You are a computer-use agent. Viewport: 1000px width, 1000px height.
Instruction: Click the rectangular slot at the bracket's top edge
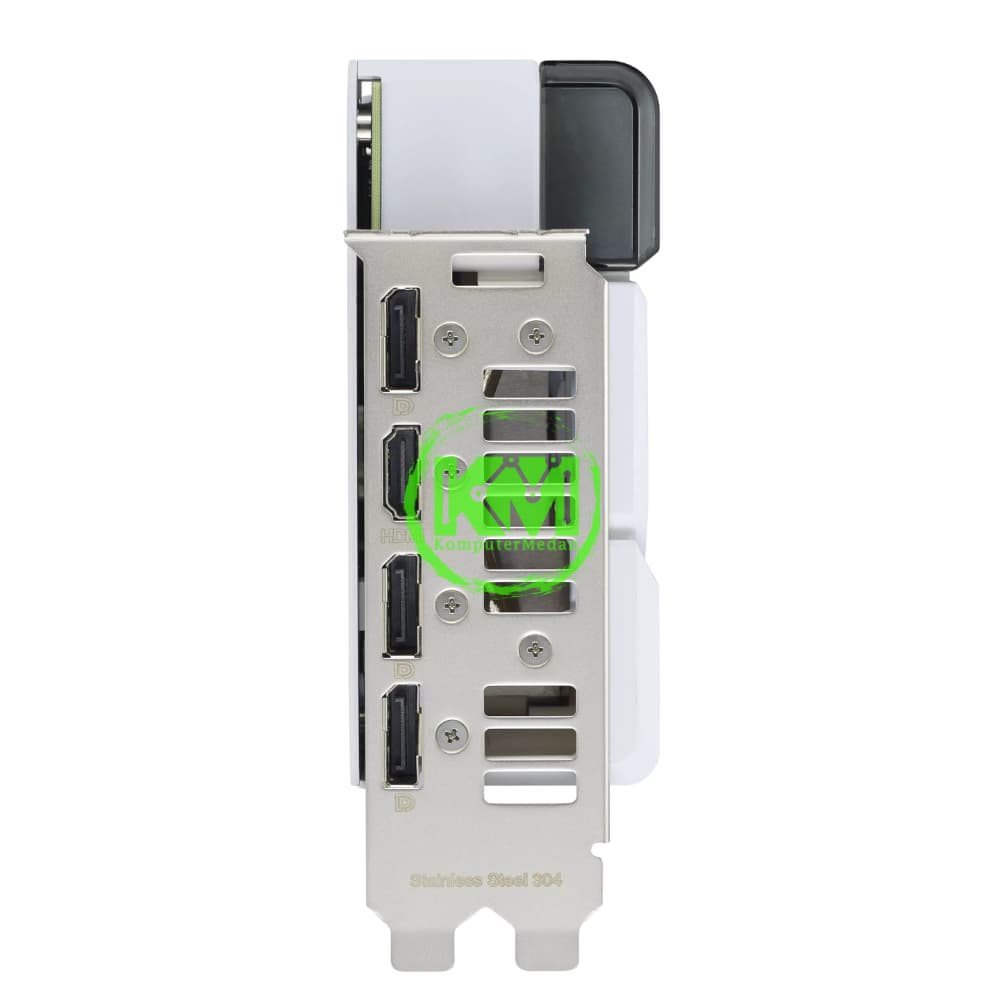tap(497, 269)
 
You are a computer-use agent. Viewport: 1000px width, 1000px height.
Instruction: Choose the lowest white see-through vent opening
tap(529, 789)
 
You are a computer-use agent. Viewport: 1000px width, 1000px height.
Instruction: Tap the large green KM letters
tap(510, 500)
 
